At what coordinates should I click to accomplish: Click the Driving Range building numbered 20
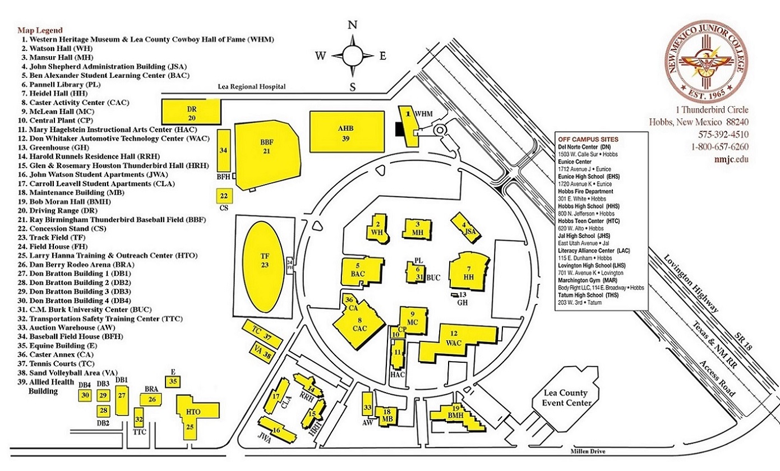(x=191, y=112)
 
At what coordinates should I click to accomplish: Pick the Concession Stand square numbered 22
(x=224, y=196)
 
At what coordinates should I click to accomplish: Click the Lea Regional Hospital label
(x=252, y=87)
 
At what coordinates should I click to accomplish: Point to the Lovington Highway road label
(x=691, y=284)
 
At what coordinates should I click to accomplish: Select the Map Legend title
(x=40, y=30)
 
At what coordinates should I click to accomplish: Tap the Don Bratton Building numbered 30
(x=85, y=395)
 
